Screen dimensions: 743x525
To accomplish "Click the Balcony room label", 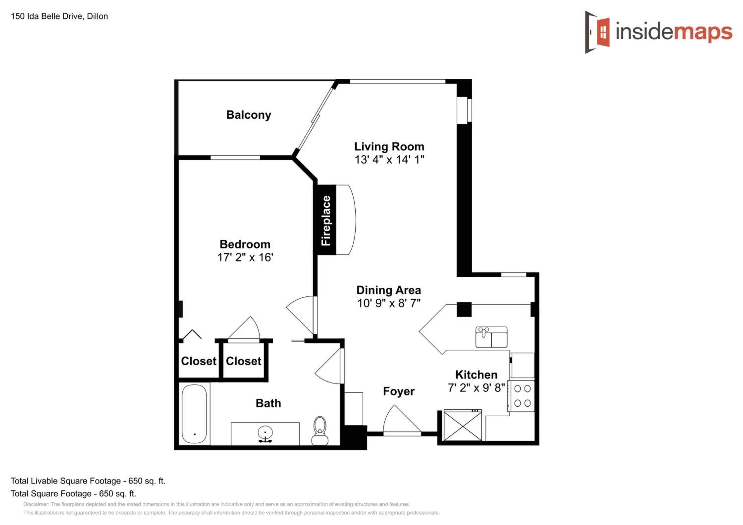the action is pos(248,115).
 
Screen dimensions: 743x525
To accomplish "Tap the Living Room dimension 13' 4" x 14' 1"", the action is pos(389,160).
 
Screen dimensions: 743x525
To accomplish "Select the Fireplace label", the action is pos(326,220).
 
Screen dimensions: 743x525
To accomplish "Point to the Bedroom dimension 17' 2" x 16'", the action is pos(245,257).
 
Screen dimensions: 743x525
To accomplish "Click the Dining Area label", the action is pos(389,290).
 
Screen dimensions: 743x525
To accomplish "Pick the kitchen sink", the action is pos(491,337).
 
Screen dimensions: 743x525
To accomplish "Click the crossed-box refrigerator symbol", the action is pos(462,425).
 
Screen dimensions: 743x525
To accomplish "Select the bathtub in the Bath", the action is pos(194,414).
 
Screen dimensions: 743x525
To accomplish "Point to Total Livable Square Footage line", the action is pos(88,481).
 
